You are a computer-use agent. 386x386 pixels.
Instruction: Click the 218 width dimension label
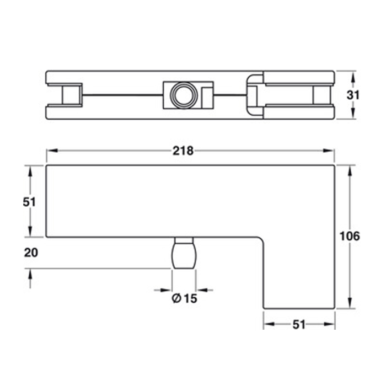point(183,151)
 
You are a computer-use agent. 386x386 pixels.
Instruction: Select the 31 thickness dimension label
point(353,95)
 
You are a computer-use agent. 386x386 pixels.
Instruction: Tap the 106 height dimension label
point(349,236)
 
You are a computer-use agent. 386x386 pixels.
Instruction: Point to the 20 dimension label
point(31,253)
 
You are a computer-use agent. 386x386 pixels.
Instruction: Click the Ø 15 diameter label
point(184,298)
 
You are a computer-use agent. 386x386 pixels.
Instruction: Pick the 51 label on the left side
point(29,202)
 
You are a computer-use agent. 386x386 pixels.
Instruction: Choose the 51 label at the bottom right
point(299,325)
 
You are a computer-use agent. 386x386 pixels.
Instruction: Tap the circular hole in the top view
point(184,95)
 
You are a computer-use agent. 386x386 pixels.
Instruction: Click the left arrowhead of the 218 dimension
point(52,151)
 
